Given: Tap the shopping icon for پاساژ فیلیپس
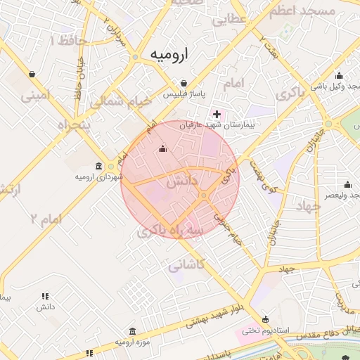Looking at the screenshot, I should tap(184, 83).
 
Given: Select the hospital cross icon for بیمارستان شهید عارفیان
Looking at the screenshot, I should tap(217, 114).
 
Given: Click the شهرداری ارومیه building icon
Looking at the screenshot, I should tap(98, 167).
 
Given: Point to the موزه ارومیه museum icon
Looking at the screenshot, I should tap(132, 332).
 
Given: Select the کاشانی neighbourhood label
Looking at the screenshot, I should tap(186, 265).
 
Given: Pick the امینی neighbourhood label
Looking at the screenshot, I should tap(36, 95).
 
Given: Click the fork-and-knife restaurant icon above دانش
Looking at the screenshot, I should tap(46, 296).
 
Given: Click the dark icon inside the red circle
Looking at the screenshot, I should tap(163, 148).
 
